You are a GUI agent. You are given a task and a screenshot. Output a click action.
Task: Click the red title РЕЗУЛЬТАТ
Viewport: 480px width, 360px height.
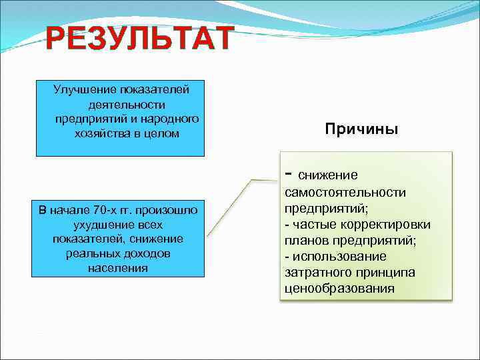(x=140, y=39)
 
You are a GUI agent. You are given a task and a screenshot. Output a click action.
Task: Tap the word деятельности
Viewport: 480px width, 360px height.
(x=126, y=104)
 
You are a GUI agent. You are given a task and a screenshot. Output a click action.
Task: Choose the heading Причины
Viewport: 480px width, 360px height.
(x=361, y=129)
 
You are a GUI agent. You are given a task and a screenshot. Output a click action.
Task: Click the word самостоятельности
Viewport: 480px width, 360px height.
(x=345, y=193)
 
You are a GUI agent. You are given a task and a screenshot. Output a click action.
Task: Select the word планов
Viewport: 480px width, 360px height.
(x=304, y=241)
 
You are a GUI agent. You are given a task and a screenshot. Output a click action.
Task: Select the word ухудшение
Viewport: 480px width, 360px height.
(x=98, y=225)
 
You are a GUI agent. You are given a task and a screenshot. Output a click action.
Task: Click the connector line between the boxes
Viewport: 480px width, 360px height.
(x=230, y=207)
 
